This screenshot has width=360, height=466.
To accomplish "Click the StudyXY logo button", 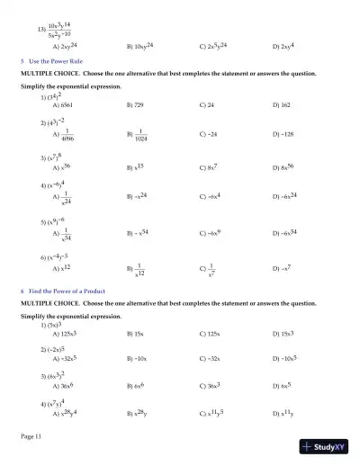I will (x=328, y=446).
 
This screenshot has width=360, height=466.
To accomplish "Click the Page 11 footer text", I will (x=31, y=436).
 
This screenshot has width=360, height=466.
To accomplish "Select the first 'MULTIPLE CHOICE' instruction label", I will (x=52, y=73).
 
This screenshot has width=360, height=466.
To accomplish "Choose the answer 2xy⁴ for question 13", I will (x=283, y=45).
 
